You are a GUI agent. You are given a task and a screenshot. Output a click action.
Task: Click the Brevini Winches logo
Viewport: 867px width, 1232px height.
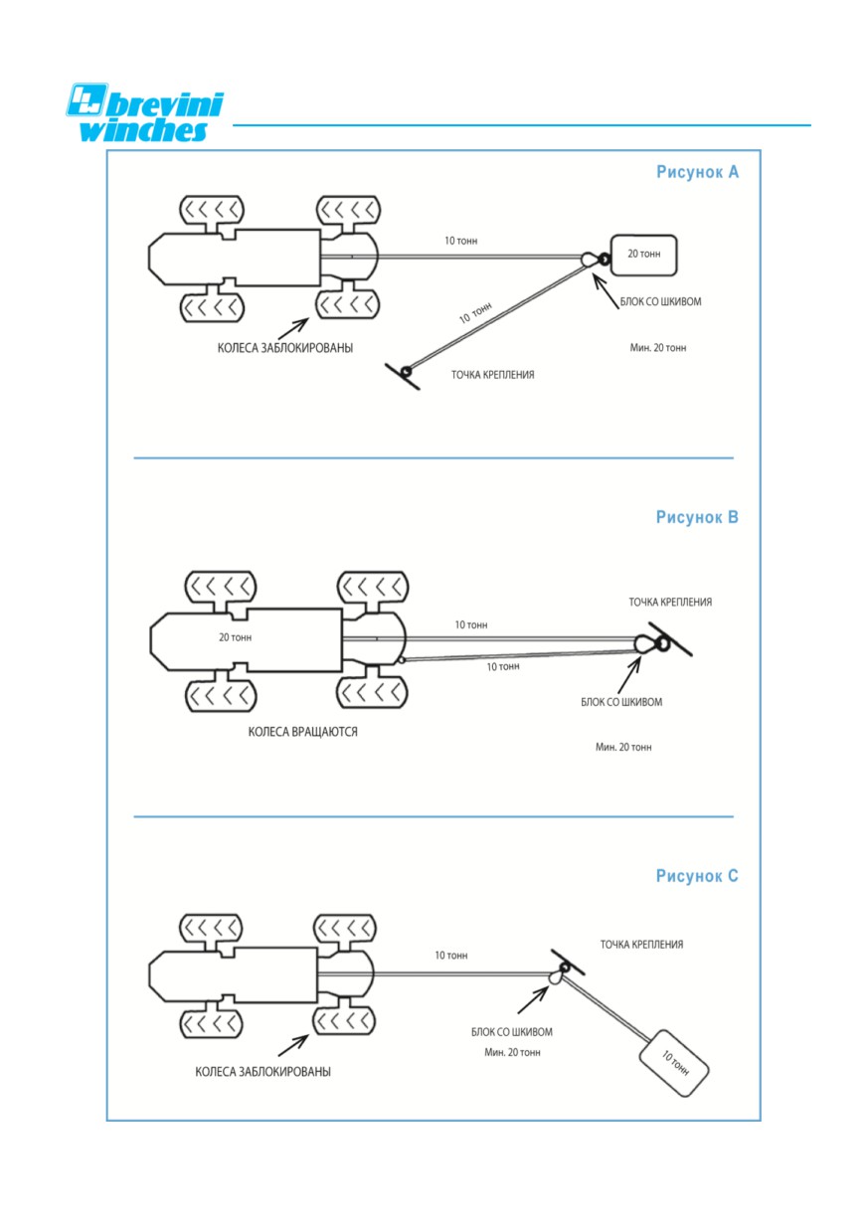coord(145,112)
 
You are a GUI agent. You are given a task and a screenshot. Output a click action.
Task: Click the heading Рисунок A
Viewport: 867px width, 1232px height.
coord(697,172)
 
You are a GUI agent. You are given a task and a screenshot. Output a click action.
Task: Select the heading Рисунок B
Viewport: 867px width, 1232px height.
coord(697,517)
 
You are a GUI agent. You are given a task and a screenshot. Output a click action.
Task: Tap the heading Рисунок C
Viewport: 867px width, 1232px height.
coord(697,876)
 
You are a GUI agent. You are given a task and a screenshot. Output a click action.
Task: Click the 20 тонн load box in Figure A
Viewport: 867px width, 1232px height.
coord(643,256)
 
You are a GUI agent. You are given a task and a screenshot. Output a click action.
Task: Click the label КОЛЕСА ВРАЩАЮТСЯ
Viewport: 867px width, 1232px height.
coord(302,732)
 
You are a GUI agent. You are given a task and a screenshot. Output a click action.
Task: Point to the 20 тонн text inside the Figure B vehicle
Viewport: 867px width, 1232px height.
coord(235,637)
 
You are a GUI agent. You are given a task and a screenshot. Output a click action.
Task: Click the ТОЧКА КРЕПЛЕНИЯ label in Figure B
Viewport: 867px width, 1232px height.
coord(670,603)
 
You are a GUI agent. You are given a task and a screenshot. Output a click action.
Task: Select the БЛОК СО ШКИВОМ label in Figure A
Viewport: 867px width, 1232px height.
coord(661,301)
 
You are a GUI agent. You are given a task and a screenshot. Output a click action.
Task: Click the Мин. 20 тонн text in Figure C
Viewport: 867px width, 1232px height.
coord(512,1052)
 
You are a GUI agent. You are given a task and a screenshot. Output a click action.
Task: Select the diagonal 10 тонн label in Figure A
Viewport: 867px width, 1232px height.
coord(475,312)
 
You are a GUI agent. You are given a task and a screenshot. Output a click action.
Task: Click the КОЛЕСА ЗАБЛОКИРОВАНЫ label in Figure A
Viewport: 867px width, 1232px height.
coord(285,348)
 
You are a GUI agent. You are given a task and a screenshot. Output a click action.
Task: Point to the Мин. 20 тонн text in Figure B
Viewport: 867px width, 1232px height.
coord(623,747)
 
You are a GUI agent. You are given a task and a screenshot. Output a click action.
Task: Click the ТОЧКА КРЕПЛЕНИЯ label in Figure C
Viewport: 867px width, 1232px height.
coord(641,945)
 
